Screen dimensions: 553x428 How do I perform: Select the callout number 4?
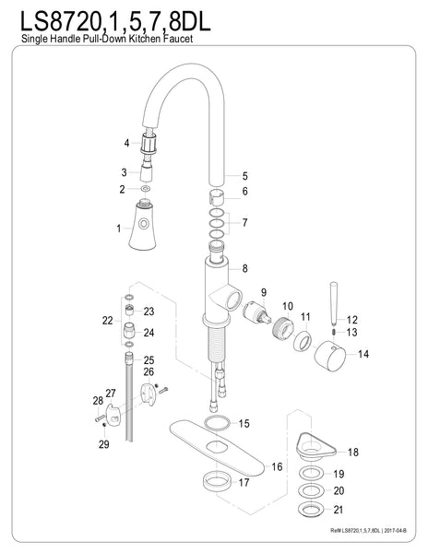pos(126,143)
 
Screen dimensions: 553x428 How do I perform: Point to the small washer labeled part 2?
pos(143,189)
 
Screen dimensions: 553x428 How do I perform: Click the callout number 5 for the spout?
pos(244,175)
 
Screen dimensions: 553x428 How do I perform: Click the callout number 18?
pos(351,453)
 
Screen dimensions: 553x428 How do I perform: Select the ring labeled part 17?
pos(215,481)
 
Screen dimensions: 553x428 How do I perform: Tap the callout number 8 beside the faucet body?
pos(244,268)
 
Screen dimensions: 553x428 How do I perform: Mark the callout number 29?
pos(104,445)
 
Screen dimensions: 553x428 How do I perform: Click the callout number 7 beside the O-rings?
pos(244,223)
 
